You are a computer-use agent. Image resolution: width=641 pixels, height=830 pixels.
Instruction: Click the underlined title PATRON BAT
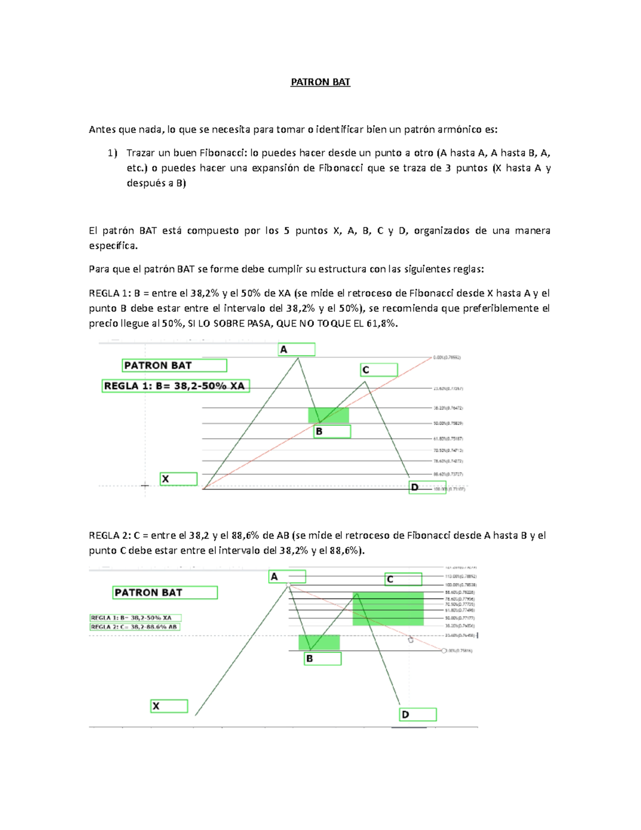[x=320, y=82]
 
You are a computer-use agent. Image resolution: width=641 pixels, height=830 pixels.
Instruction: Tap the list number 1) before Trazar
[x=112, y=153]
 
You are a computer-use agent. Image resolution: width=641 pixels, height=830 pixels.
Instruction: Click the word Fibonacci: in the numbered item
[x=223, y=153]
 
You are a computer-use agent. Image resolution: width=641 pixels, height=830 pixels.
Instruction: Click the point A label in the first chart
[x=296, y=350]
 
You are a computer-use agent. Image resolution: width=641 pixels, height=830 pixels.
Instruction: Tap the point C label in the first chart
[x=379, y=370]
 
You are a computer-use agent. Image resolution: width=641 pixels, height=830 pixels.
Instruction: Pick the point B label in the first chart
[x=332, y=431]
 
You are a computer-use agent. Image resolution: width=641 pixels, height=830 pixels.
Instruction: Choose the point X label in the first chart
[x=178, y=479]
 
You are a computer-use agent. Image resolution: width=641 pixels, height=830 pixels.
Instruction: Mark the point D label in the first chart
[x=427, y=487]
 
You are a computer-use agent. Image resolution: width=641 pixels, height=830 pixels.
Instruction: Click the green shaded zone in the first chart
[x=329, y=415]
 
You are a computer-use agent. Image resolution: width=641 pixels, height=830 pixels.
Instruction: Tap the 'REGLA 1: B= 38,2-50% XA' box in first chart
[x=175, y=386]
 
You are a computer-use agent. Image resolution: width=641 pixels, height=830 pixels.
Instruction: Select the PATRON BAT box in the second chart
[x=165, y=592]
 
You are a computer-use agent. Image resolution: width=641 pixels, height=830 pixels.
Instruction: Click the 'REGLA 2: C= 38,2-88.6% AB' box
[x=135, y=627]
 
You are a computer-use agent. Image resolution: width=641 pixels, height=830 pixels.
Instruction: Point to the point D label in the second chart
[x=418, y=715]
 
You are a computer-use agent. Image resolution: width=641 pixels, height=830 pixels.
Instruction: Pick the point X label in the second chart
[x=169, y=706]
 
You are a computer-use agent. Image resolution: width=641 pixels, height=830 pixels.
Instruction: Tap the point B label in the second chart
[x=323, y=659]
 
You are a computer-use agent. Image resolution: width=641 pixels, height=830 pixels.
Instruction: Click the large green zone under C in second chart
[x=388, y=608]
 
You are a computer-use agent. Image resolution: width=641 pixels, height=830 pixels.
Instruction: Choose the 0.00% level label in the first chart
[x=447, y=358]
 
